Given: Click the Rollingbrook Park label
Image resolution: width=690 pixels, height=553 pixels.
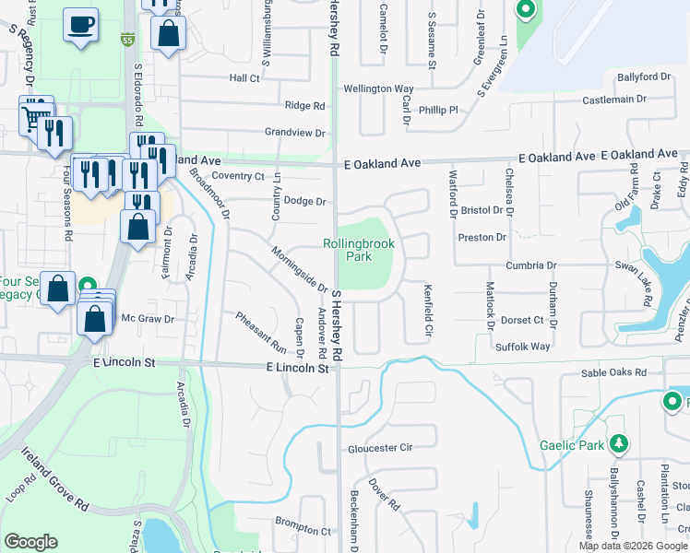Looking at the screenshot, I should (359, 251).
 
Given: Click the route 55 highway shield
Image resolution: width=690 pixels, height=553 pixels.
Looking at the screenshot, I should (127, 41).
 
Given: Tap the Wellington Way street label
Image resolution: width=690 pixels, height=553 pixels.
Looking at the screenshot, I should (378, 88).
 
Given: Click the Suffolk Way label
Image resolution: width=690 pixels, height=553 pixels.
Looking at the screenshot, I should (522, 347).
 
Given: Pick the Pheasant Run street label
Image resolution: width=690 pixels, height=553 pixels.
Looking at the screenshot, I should (261, 333).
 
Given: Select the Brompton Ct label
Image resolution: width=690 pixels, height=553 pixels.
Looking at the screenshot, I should (302, 531).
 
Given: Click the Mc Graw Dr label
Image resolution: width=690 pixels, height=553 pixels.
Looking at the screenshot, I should (148, 319).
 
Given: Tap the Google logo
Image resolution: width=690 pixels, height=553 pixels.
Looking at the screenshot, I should (30, 542).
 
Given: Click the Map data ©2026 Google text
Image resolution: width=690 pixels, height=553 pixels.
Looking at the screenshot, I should (633, 546).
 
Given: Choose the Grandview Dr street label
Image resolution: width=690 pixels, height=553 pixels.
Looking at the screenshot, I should (295, 133).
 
